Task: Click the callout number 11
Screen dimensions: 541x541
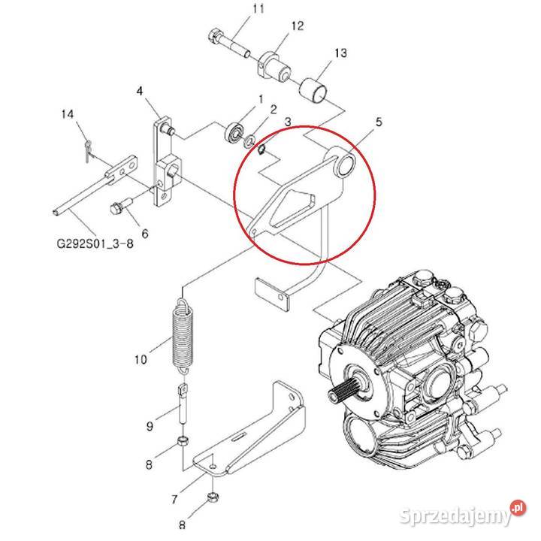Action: (x=258, y=8)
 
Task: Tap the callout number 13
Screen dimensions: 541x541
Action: (x=340, y=53)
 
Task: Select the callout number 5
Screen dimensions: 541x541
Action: (x=379, y=122)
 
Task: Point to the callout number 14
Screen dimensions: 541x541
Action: (x=68, y=114)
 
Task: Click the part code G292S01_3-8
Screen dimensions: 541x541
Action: (x=95, y=244)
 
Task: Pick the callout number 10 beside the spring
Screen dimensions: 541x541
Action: (x=141, y=360)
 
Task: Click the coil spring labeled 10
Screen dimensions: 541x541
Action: (x=183, y=336)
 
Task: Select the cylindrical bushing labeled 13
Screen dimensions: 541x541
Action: (x=313, y=92)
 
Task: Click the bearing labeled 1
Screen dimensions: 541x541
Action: (x=235, y=132)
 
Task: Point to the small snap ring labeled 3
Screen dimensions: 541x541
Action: (x=261, y=150)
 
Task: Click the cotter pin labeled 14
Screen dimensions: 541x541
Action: (x=88, y=151)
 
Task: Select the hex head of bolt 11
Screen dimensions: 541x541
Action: (x=216, y=37)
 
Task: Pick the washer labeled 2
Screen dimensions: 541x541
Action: (x=249, y=141)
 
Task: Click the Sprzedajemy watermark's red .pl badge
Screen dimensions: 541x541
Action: (x=518, y=507)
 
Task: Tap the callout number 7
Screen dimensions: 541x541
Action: (x=174, y=499)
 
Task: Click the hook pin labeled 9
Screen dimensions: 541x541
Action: (x=183, y=403)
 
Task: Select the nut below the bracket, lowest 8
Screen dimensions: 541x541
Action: (x=213, y=497)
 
